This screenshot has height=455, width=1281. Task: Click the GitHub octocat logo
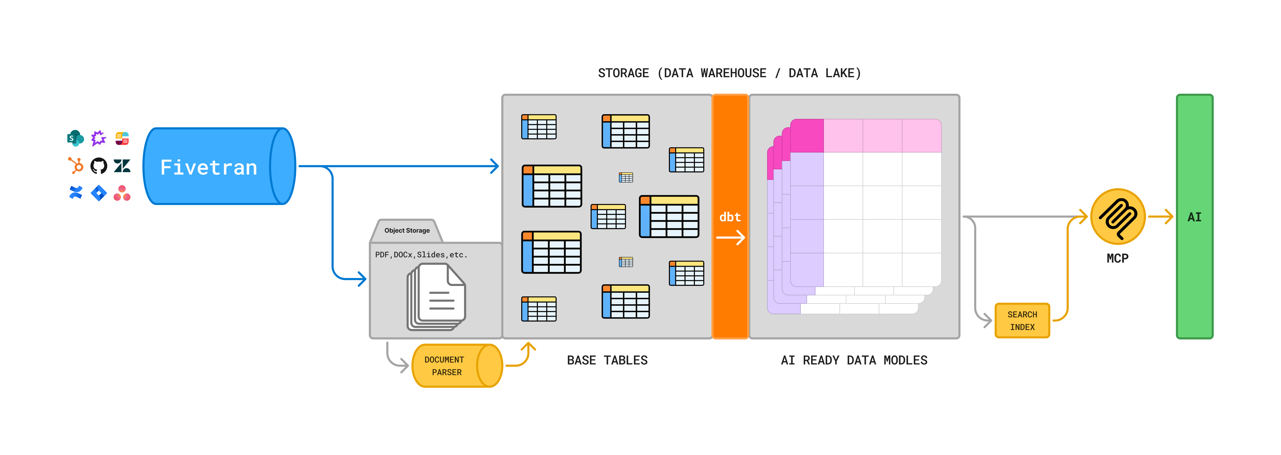point(99,165)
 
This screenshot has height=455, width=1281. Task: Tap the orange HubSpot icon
point(76,165)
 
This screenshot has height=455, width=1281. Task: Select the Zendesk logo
point(122,165)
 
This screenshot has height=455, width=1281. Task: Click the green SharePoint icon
point(75,138)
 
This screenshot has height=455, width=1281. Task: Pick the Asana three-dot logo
point(122,193)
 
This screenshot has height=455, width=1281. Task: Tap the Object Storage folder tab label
point(407,231)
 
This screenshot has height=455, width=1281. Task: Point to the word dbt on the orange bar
point(730,217)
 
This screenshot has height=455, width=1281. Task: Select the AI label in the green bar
point(1194,217)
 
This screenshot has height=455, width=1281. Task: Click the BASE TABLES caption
point(607,360)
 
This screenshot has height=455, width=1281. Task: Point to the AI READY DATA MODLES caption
point(854,360)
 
